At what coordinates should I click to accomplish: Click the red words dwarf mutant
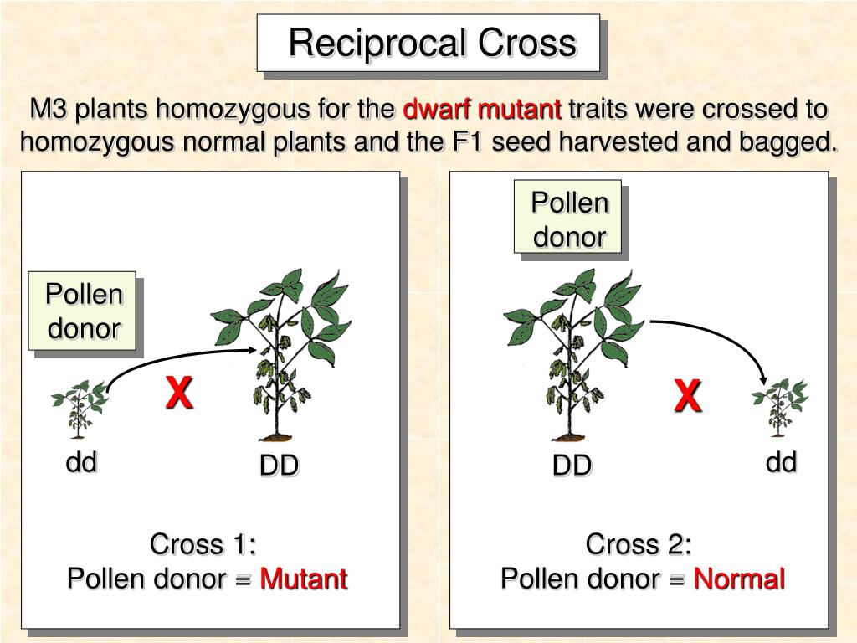[482, 110]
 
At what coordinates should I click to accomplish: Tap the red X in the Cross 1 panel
[178, 392]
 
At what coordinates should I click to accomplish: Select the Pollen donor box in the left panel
[84, 311]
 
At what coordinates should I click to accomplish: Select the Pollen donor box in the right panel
[569, 219]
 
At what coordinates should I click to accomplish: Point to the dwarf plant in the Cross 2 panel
[780, 407]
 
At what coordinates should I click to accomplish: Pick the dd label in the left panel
[82, 461]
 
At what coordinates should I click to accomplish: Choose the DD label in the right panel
[572, 466]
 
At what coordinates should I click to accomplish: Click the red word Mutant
[303, 579]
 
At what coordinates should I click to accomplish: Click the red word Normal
[739, 579]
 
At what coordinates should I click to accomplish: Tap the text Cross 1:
[203, 544]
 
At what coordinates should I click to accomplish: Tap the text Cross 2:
[639, 544]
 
